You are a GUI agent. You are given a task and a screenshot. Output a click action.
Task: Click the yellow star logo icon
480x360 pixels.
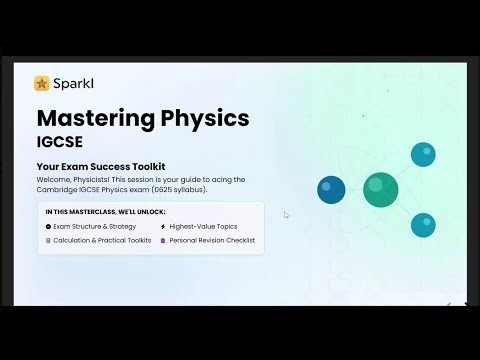tap(41, 83)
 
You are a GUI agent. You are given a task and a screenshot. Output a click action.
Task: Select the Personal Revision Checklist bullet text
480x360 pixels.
tap(212, 241)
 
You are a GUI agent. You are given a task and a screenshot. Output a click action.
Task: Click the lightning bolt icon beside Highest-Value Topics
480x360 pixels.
tap(162, 227)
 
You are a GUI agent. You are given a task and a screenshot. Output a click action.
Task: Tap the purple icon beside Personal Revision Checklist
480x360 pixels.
tap(162, 241)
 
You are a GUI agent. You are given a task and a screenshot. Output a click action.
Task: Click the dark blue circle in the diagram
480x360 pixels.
tap(331, 189)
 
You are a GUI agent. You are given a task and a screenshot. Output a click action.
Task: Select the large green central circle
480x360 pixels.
tap(380, 189)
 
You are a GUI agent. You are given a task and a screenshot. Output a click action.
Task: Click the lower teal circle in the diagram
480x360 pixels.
tap(423, 224)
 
